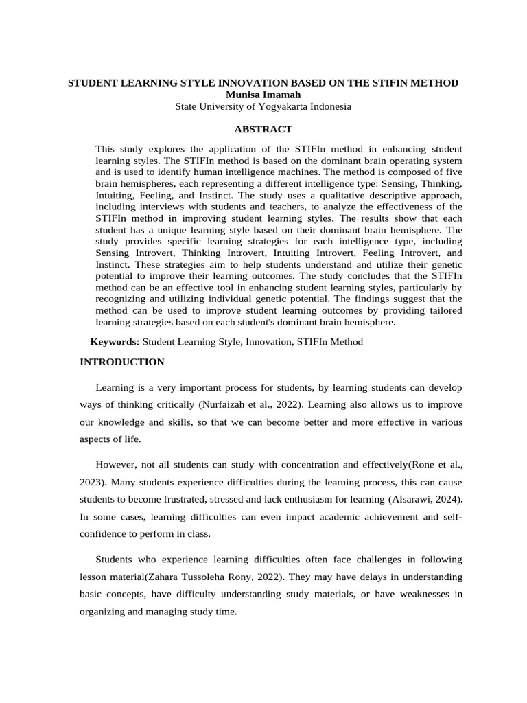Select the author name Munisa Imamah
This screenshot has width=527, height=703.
[x=263, y=95]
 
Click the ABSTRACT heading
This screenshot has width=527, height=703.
[x=263, y=129]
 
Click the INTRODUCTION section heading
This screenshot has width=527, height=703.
[x=122, y=362]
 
